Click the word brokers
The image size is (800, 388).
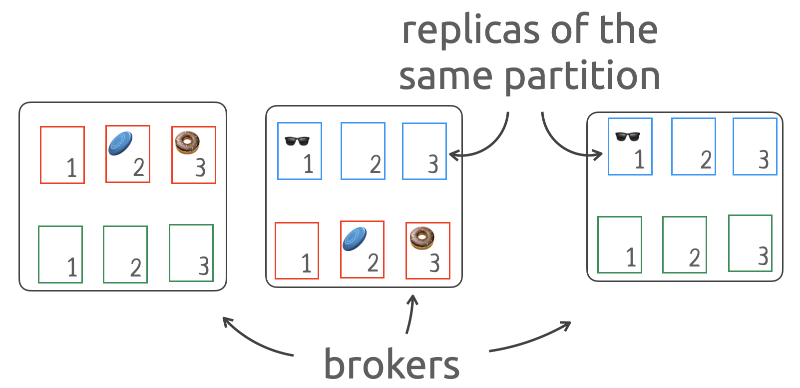tap(392, 364)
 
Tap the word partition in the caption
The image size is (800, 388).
tap(582, 76)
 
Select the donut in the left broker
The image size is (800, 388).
tap(187, 142)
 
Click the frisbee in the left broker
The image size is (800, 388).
tap(120, 143)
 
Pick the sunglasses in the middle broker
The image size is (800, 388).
tap(297, 140)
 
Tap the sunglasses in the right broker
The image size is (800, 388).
tap(628, 136)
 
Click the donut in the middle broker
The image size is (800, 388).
tap(422, 238)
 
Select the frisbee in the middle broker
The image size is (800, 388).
tap(355, 239)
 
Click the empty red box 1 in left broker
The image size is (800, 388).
tap(62, 155)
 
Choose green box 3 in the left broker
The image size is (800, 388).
tap(191, 253)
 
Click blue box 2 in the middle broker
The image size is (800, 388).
tap(363, 151)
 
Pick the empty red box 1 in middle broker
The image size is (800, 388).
tap(297, 250)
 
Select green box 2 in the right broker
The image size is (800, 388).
tap(685, 244)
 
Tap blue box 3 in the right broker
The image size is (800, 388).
tap(755, 146)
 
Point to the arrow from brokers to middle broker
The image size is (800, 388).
tap(410, 315)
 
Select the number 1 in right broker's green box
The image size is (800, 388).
tap(631, 257)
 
